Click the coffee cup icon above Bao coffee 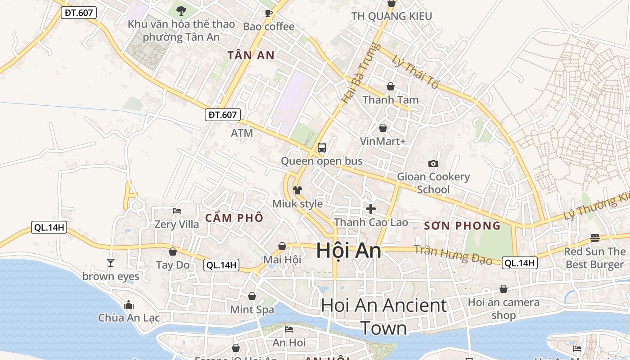point(268,13)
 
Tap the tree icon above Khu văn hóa point(181,10)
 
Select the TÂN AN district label point(251,55)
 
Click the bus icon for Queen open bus point(321,147)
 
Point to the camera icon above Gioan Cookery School point(433,163)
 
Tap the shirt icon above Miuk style point(297,190)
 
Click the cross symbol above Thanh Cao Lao point(371,208)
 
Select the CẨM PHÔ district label point(234,218)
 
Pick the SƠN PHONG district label point(462,225)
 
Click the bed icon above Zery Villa point(177,211)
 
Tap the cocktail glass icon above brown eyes point(111,262)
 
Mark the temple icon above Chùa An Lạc point(129,305)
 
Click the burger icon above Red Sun point(595,238)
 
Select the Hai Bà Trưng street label point(355,73)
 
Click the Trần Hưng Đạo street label point(453,255)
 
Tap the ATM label point(242,133)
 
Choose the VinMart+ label point(383,141)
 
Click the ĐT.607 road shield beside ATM point(223,115)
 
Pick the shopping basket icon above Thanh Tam point(391,86)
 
